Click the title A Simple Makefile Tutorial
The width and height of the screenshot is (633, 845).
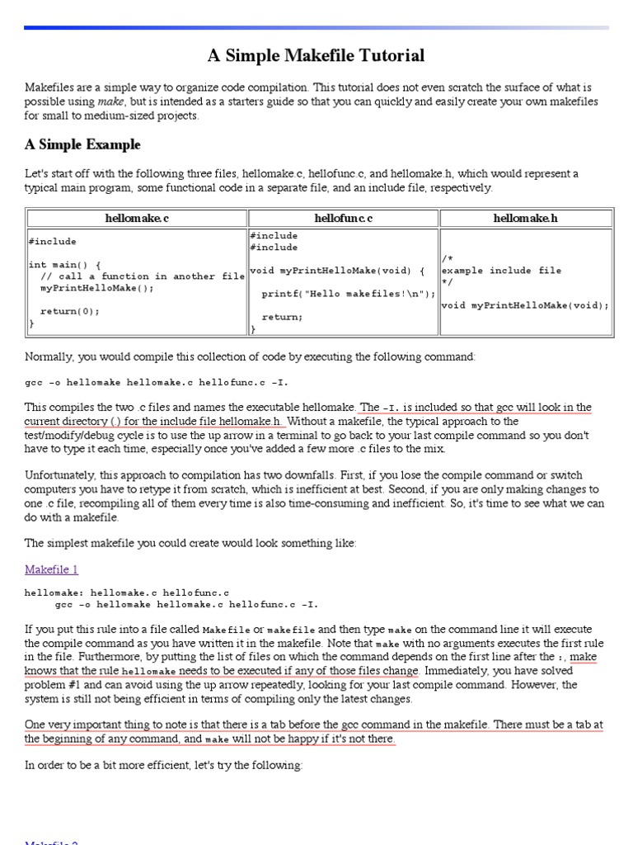pyautogui.click(x=316, y=56)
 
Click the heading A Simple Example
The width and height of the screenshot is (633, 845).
pyautogui.click(x=82, y=145)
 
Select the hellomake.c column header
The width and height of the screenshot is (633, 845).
pyautogui.click(x=138, y=219)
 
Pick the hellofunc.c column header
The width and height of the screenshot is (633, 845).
pyautogui.click(x=344, y=219)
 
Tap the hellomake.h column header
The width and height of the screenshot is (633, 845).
pyautogui.click(x=526, y=219)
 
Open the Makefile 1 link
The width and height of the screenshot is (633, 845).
pyautogui.click(x=51, y=569)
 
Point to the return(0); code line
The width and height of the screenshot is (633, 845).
pyautogui.click(x=69, y=311)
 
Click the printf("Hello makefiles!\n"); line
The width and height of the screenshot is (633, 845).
pyautogui.click(x=349, y=294)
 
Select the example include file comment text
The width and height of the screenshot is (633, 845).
pyautogui.click(x=501, y=271)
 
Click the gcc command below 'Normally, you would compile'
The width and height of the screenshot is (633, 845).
pyautogui.click(x=157, y=383)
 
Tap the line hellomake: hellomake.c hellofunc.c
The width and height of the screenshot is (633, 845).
pyautogui.click(x=127, y=592)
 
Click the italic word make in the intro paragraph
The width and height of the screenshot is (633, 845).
pyautogui.click(x=111, y=101)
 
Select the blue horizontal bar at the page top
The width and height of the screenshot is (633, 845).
pyautogui.click(x=316, y=28)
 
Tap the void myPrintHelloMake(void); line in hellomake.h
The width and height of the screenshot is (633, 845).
pyautogui.click(x=525, y=305)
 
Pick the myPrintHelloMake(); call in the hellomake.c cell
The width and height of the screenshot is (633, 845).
pyautogui.click(x=96, y=288)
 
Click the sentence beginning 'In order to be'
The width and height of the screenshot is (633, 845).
pyautogui.click(x=163, y=765)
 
